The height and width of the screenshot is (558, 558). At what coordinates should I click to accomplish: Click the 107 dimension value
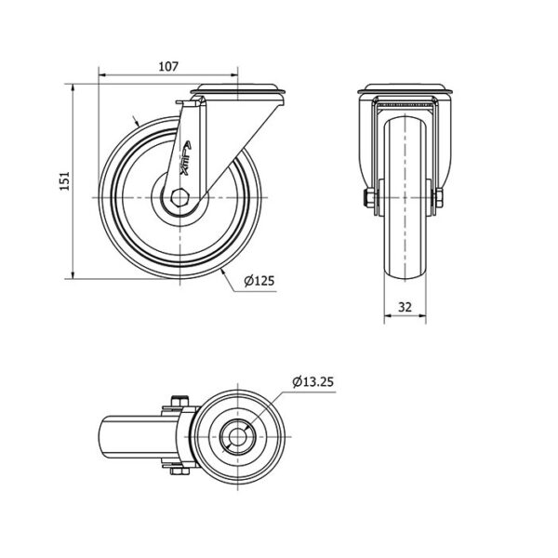coord(168,66)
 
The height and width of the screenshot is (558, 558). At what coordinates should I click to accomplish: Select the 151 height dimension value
coord(64,181)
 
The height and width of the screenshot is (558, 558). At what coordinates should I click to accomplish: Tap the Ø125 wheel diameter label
coord(259,281)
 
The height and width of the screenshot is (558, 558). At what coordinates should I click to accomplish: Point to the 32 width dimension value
coord(405,307)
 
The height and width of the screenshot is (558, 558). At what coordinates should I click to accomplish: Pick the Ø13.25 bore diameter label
coord(313,382)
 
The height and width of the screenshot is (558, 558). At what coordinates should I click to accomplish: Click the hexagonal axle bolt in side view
coord(179,197)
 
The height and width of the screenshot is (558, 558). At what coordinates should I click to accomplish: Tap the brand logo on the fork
coord(186,158)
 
